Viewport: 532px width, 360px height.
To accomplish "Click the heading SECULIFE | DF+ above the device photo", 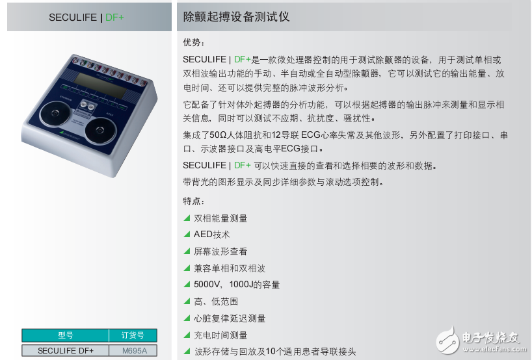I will click(86, 18).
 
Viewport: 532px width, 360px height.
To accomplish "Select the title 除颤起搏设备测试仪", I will click(236, 18).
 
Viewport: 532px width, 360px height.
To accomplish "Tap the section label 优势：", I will click(193, 43).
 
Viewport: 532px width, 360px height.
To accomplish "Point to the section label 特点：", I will click(193, 201).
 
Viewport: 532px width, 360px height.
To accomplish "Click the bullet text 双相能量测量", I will click(220, 218).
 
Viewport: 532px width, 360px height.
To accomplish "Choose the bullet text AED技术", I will click(211, 235).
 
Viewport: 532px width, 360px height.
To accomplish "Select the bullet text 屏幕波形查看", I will click(220, 251).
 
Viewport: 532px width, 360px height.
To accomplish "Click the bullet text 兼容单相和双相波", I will click(230, 268).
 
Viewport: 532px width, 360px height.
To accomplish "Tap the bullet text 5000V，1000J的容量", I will click(237, 285).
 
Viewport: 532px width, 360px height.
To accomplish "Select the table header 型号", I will click(65, 336).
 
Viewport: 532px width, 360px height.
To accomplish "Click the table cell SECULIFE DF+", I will click(65, 351).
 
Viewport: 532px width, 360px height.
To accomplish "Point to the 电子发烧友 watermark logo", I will click(478, 338).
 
